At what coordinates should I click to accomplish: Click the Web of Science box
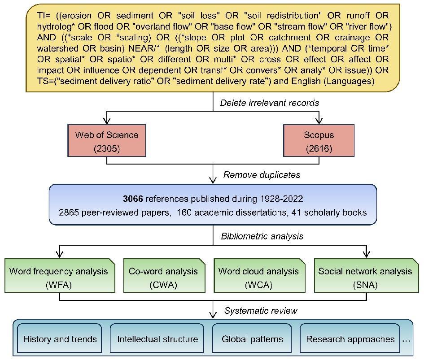pyautogui.click(x=107, y=141)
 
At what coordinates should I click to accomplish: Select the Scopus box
pyautogui.click(x=319, y=141)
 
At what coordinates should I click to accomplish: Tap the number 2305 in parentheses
pyautogui.click(x=107, y=149)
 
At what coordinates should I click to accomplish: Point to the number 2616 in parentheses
pyautogui.click(x=319, y=149)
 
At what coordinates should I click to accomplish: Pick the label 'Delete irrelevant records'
pyautogui.click(x=269, y=103)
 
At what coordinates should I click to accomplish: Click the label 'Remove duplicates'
pyautogui.click(x=262, y=175)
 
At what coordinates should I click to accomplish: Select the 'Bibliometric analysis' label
pyautogui.click(x=262, y=236)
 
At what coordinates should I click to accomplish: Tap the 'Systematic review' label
pyautogui.click(x=261, y=310)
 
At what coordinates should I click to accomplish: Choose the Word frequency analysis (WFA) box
pyautogui.click(x=59, y=278)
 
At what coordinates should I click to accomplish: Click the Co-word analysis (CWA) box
pyautogui.click(x=163, y=278)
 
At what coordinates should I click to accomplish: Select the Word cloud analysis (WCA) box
pyautogui.click(x=258, y=278)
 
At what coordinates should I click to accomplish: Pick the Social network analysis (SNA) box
pyautogui.click(x=365, y=278)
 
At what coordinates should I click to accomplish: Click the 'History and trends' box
pyautogui.click(x=60, y=339)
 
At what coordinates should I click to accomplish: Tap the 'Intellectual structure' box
pyautogui.click(x=157, y=339)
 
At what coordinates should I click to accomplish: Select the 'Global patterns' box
pyautogui.click(x=252, y=339)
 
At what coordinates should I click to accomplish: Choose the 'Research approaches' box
pyautogui.click(x=350, y=339)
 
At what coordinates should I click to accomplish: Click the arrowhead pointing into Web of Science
pyautogui.click(x=107, y=120)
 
